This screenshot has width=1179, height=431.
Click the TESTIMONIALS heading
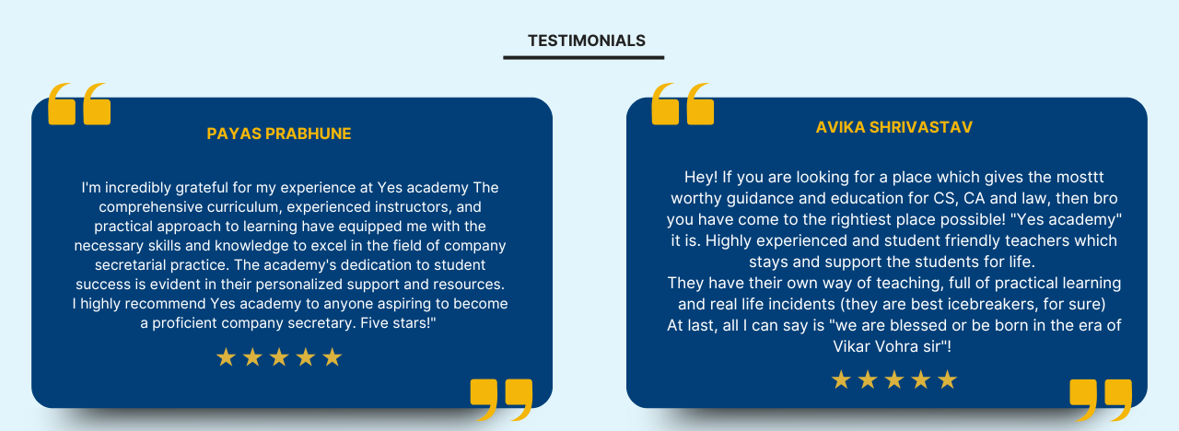[586, 41]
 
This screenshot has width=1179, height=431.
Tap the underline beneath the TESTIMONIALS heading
[583, 57]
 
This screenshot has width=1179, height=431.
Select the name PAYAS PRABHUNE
[279, 134]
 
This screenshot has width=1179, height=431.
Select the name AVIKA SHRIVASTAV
[893, 127]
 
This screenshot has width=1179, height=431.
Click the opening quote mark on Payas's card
[79, 104]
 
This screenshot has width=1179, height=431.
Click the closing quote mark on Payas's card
[501, 399]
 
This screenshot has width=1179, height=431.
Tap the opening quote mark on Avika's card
[682, 104]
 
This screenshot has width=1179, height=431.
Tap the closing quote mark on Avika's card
[1101, 399]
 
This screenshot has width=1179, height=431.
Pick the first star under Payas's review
[226, 357]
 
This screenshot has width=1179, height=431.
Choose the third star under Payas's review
[279, 357]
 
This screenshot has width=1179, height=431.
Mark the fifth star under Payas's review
[333, 357]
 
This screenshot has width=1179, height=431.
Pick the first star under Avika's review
[840, 379]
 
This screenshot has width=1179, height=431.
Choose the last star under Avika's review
[947, 379]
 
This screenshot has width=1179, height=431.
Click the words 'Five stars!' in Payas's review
[396, 323]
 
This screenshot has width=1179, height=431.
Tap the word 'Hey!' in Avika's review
[699, 177]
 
